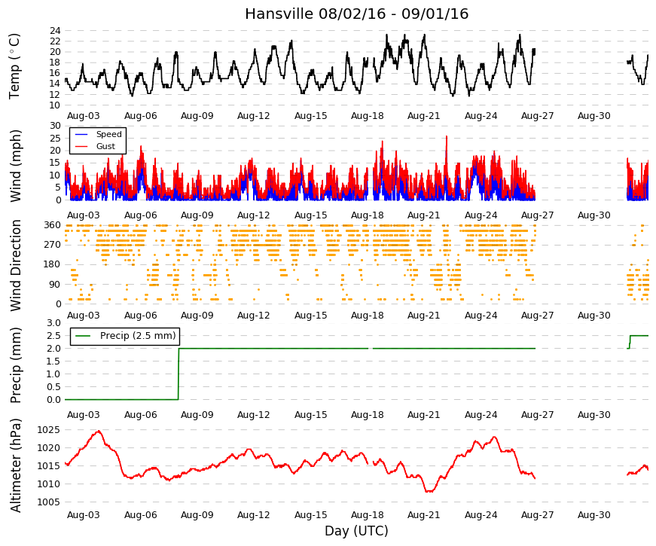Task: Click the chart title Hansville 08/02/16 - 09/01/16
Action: tap(356, 14)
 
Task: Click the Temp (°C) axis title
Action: tap(14, 66)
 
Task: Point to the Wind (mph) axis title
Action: tap(15, 166)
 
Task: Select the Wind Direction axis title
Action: tap(15, 265)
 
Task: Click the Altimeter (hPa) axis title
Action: tap(15, 465)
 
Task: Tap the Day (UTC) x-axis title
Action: tap(356, 531)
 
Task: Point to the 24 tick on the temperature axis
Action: tap(55, 31)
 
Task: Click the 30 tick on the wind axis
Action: tap(55, 126)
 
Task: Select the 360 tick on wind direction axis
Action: tap(53, 225)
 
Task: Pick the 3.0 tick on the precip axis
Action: tap(54, 323)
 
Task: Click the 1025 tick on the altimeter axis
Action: tap(48, 430)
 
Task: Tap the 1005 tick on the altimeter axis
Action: tap(48, 502)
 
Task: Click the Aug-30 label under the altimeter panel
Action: tap(594, 515)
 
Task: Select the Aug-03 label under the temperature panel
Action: tap(84, 116)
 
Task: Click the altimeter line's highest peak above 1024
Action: tap(99, 431)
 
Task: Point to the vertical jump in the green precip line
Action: tap(178, 374)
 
